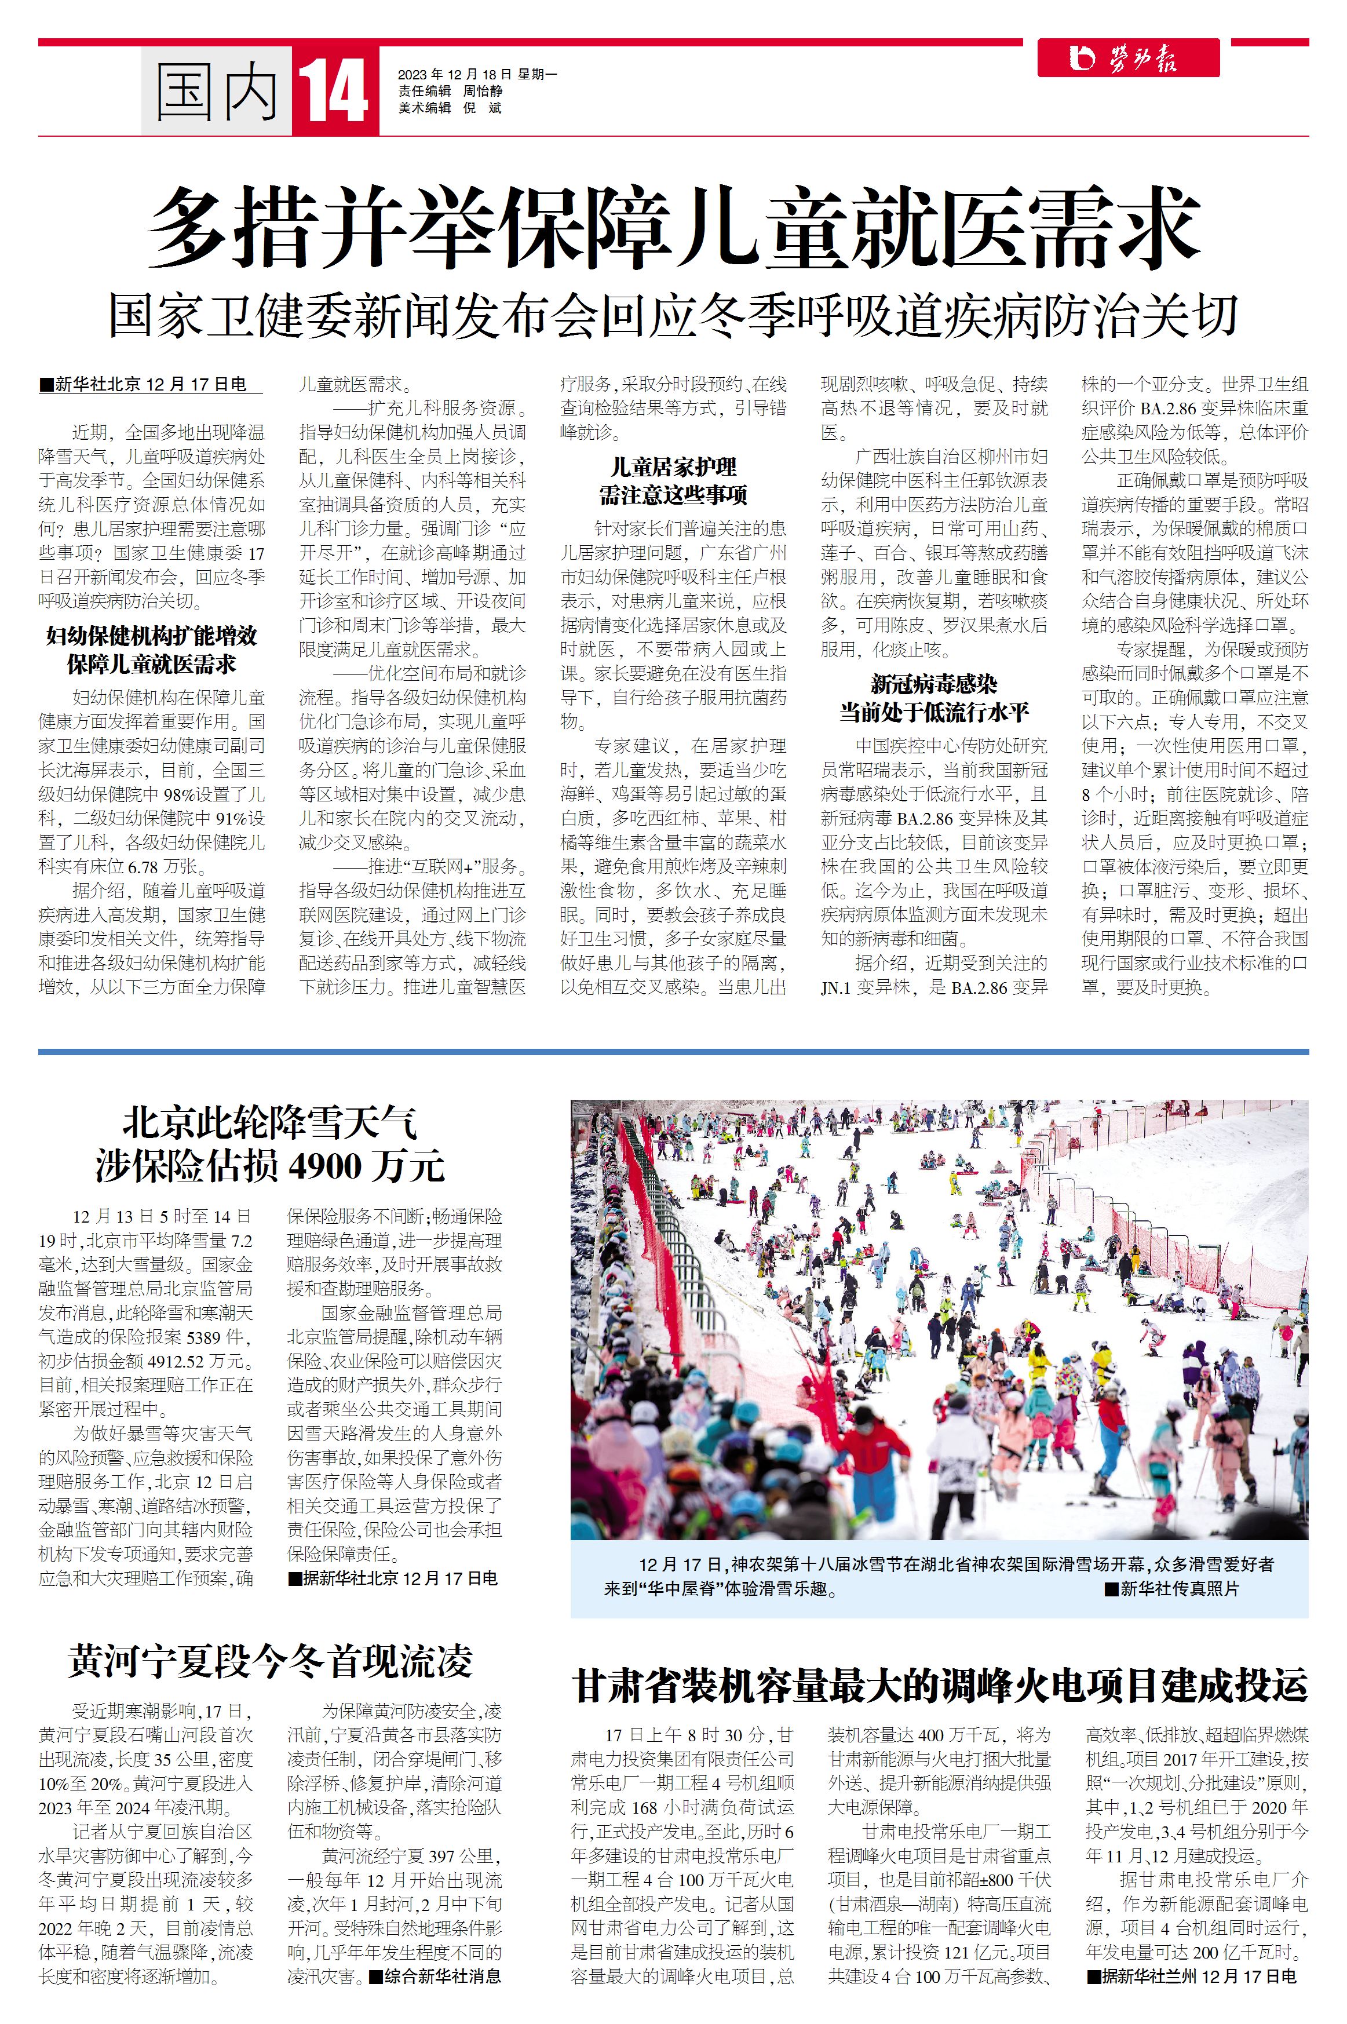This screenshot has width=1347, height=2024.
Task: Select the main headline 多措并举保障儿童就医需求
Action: (x=673, y=228)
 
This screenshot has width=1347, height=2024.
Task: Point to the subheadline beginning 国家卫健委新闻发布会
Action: (x=673, y=315)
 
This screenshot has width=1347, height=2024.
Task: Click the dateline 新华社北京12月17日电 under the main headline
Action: (x=150, y=385)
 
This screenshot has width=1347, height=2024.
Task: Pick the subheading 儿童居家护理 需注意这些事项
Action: (x=673, y=481)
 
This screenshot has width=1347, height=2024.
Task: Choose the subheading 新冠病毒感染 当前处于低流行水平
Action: (x=934, y=698)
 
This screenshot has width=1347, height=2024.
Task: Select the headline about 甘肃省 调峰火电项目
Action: (x=940, y=1684)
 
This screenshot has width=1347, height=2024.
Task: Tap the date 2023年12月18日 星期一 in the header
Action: (x=477, y=75)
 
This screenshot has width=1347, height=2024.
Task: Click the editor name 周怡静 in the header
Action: (x=483, y=91)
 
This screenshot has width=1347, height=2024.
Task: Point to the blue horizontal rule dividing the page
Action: (x=673, y=1052)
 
